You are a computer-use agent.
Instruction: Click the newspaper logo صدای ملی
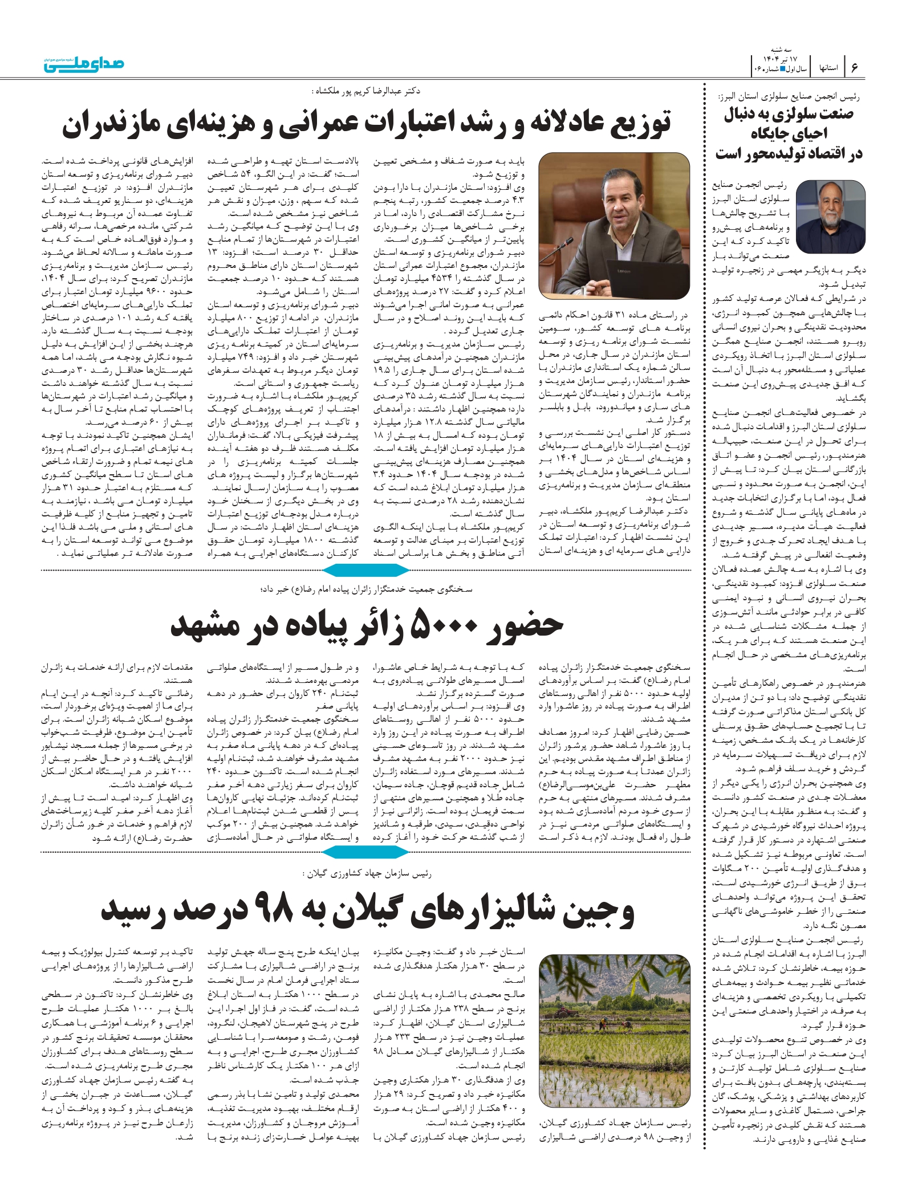(x=84, y=64)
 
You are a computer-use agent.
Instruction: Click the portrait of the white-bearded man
(x=830, y=217)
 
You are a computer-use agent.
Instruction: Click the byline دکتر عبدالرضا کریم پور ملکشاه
(x=365, y=91)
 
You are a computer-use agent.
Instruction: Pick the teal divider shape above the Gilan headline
(x=365, y=852)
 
